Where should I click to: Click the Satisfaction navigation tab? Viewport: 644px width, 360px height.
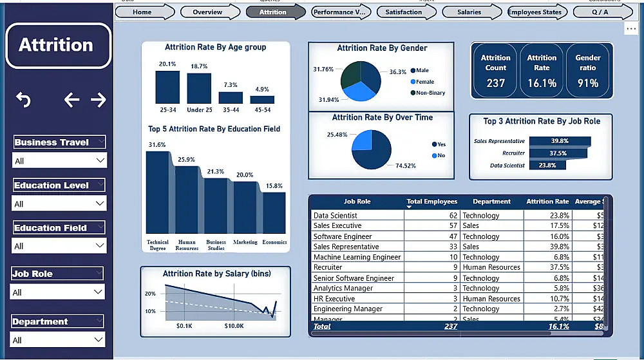[404, 12]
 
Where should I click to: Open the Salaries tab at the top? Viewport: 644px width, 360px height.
[469, 12]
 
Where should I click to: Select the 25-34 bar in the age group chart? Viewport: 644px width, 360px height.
[167, 88]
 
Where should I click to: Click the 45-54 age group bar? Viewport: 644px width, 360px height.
[262, 100]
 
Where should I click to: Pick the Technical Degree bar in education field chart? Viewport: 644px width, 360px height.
[158, 193]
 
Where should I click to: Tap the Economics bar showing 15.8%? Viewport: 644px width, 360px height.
[274, 213]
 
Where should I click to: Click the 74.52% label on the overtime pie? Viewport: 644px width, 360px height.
[406, 166]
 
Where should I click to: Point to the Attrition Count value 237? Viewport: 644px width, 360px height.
[496, 83]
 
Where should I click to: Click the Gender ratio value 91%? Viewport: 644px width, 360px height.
[587, 83]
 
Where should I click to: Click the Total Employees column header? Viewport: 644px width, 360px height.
[431, 202]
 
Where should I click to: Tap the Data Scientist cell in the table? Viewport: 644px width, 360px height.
[335, 216]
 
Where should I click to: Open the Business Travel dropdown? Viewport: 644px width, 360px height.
[59, 160]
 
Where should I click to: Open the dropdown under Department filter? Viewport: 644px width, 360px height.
[59, 340]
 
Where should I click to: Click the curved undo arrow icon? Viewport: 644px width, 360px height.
[23, 100]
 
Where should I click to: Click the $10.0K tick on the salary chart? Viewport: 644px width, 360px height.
[234, 326]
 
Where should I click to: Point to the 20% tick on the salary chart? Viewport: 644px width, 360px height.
[150, 294]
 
